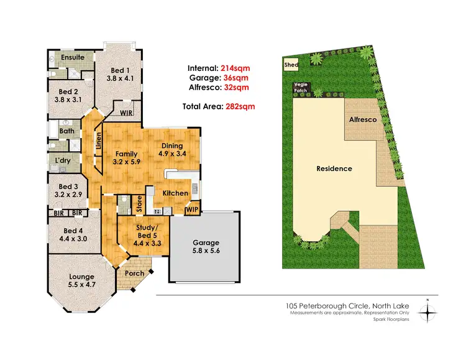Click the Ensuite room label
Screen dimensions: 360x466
[73, 57]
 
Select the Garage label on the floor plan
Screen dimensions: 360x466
[205, 242]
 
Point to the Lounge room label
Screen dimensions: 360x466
[82, 277]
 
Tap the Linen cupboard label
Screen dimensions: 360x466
[98, 143]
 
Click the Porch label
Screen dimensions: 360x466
[135, 273]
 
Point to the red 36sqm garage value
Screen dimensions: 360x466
[236, 78]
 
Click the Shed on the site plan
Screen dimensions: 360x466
[291, 64]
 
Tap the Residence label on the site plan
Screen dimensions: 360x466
[334, 168]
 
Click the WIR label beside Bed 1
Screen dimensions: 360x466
[127, 113]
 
